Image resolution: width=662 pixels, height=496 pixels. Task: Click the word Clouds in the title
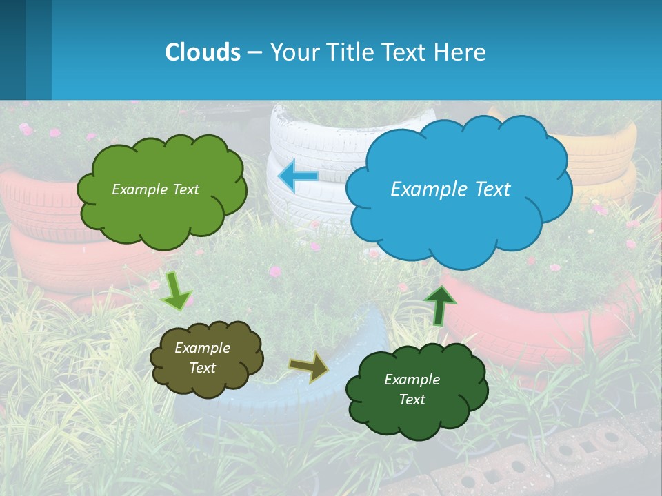point(203,52)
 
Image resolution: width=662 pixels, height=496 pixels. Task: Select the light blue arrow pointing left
point(298,176)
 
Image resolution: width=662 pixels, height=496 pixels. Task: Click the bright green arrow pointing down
point(176,290)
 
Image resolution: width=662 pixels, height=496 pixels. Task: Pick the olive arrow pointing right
point(310,366)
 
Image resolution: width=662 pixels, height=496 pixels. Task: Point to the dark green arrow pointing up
point(440,305)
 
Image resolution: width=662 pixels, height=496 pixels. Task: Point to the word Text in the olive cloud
point(202,368)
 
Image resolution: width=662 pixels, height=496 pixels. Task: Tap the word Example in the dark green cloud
point(412,380)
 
